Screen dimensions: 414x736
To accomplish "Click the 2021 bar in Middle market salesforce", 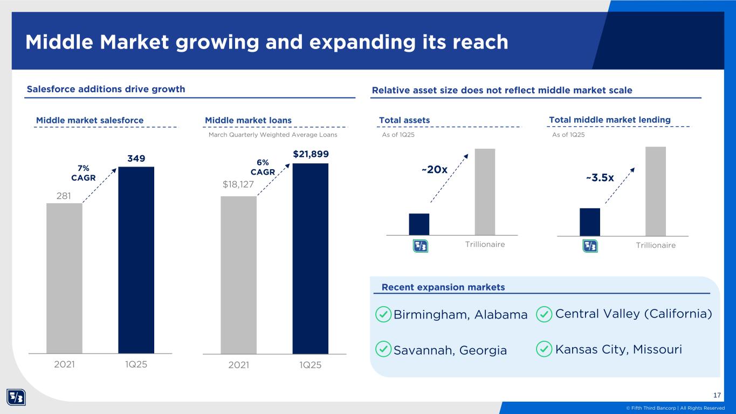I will [x=64, y=278].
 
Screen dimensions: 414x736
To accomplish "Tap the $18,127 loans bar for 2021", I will [x=238, y=274].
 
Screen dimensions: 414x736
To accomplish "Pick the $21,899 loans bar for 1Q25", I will [x=310, y=258].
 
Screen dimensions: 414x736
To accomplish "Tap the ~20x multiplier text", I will [x=434, y=170].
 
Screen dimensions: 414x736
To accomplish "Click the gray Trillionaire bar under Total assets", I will [x=484, y=191].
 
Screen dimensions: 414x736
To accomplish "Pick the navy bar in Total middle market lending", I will [x=589, y=222].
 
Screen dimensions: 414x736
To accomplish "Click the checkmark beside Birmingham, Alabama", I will [x=383, y=314].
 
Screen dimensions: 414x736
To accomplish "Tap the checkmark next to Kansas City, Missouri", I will [x=545, y=349].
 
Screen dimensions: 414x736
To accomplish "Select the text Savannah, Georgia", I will [x=450, y=350].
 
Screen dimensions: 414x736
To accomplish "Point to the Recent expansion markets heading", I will [x=443, y=287].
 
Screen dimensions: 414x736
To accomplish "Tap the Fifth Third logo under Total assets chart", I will [x=420, y=246].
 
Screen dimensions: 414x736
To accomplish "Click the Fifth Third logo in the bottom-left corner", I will [x=16, y=398].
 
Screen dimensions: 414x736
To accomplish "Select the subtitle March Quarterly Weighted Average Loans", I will [x=272, y=135].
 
